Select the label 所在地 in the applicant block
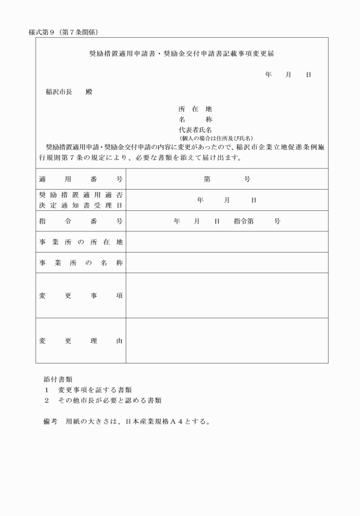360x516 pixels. (x=195, y=109)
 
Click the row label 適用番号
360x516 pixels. (x=81, y=179)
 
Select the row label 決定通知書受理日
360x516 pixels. (x=81, y=205)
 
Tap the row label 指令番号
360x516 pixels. (x=81, y=221)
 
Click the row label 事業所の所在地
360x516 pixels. (x=81, y=242)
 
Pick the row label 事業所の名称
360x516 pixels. (x=81, y=263)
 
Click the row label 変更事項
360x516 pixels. (x=81, y=295)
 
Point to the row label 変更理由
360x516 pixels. (x=81, y=341)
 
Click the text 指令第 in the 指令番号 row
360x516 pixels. (x=244, y=221)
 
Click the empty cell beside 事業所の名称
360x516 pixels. (x=227, y=263)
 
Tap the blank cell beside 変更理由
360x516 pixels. (x=227, y=341)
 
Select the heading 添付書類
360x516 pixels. (x=58, y=379)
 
